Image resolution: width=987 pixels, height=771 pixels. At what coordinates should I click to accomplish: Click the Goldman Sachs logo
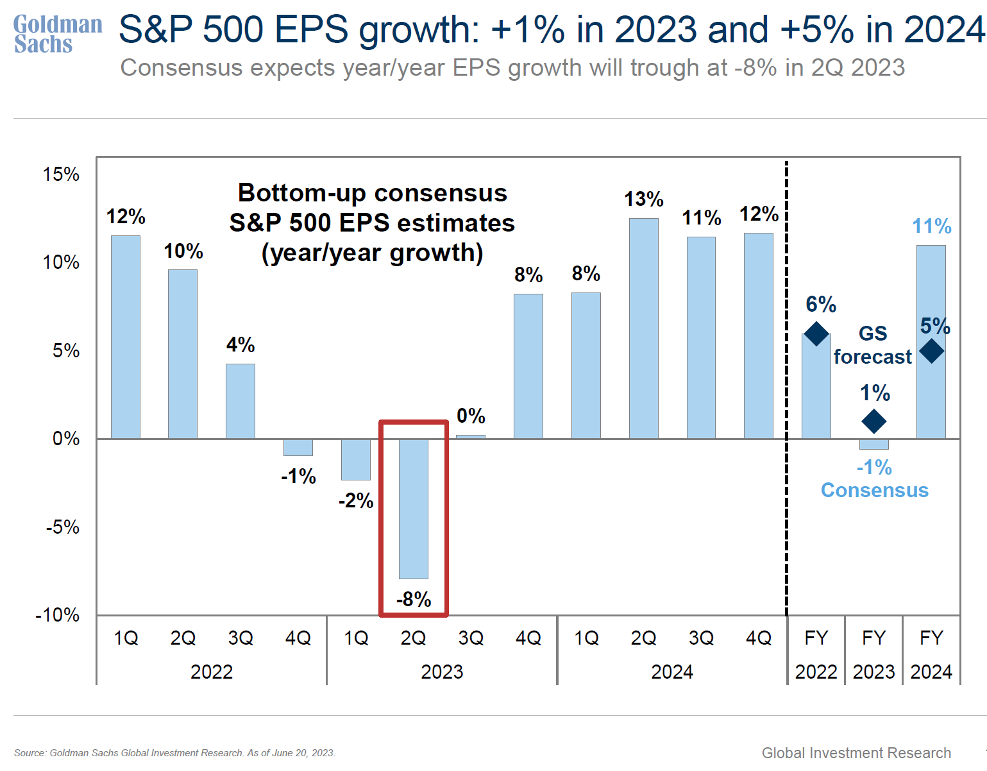pos(58,34)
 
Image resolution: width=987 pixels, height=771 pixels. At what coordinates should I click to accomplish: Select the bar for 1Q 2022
pos(126,337)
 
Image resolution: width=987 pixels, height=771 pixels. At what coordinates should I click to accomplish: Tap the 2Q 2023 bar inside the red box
pos(414,509)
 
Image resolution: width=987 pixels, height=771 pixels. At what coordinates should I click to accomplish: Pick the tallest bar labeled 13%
pos(643,328)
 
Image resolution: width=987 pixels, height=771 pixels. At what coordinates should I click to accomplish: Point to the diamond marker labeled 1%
pos(873,421)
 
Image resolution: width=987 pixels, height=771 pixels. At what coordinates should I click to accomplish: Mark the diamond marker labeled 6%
pos(816,334)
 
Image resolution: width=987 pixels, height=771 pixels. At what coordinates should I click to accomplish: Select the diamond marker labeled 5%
pos(931,351)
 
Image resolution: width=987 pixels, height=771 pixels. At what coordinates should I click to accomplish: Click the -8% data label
pos(414,599)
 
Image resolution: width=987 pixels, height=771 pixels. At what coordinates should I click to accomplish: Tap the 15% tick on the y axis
pos(62,174)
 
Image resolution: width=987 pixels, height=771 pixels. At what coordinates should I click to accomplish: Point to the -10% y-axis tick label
pos(58,615)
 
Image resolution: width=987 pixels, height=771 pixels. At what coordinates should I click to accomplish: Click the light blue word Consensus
pos(875,490)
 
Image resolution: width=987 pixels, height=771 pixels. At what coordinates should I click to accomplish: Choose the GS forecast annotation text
pos(872,345)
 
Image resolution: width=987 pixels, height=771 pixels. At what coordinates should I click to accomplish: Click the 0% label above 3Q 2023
pos(471,416)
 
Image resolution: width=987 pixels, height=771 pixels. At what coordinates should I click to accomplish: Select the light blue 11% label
pos(932,226)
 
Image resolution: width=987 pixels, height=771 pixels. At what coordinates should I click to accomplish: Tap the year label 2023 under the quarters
pos(442,672)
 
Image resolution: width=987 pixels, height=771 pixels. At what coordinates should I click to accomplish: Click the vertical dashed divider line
pos(787,385)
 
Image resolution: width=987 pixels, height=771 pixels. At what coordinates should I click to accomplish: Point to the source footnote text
pos(174,753)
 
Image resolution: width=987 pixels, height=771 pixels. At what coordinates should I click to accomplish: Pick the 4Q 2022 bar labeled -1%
pos(298,447)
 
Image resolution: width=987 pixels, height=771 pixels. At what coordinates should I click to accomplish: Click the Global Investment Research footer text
pos(856,753)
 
